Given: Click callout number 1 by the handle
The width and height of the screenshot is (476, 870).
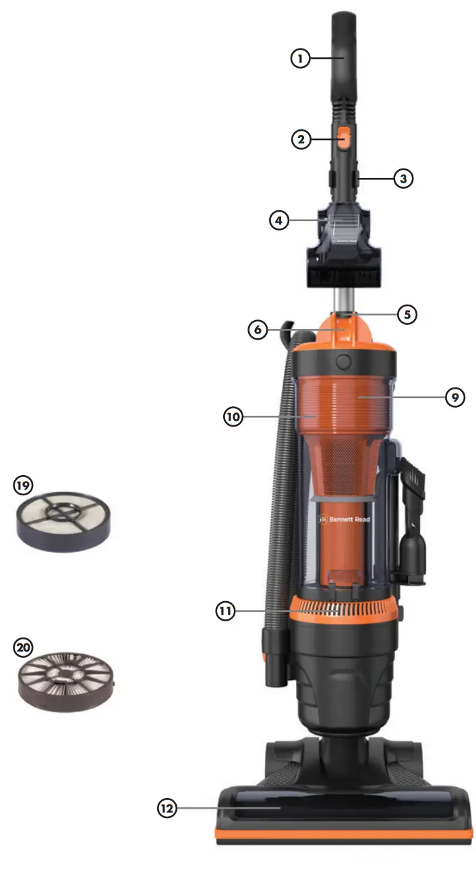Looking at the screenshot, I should [301, 59].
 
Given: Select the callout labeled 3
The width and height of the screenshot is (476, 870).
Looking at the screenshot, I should [403, 179].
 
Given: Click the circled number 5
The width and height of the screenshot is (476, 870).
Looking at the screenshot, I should [407, 314].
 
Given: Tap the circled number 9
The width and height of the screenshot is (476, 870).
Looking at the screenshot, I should [455, 397].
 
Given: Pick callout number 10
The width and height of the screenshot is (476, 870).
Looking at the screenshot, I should [233, 416].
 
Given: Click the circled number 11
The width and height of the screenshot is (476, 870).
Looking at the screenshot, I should [225, 611].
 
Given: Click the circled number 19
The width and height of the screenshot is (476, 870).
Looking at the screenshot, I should [24, 485].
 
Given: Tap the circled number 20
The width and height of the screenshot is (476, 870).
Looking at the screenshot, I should [24, 648].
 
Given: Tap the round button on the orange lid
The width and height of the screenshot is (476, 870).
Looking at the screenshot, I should [344, 361].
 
